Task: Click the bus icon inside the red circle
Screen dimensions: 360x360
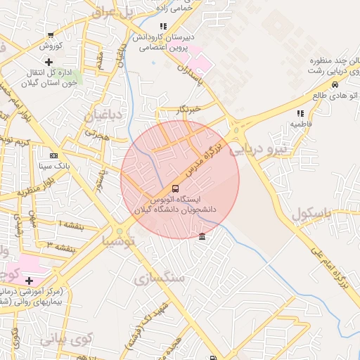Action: [x=175, y=188]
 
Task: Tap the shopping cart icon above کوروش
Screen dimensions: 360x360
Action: [x=50, y=35]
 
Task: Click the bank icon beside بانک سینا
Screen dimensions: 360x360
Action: [x=54, y=155]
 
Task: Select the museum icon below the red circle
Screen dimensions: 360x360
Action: [x=202, y=236]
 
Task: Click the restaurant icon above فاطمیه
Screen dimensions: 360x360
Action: [x=300, y=112]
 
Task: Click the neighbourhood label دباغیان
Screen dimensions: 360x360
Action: [x=104, y=115]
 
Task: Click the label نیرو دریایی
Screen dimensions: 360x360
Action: [x=281, y=148]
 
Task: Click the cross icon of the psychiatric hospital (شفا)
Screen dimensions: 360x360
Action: [x=28, y=281]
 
